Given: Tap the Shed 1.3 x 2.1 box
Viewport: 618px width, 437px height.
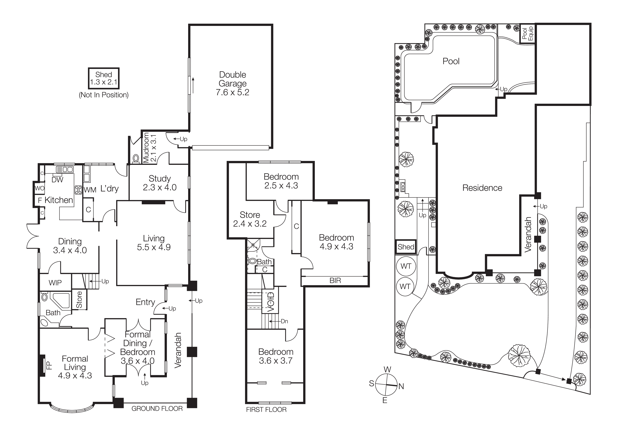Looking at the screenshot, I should pyautogui.click(x=104, y=78).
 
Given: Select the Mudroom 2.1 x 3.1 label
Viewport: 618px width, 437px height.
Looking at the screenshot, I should pyautogui.click(x=149, y=148).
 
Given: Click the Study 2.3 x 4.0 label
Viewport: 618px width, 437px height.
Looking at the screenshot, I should pyautogui.click(x=160, y=183).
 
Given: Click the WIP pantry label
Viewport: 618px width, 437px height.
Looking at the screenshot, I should pyautogui.click(x=55, y=283).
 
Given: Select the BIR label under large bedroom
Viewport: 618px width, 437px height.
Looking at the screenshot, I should pyautogui.click(x=335, y=281).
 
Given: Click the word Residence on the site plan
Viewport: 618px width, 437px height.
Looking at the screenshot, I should pyautogui.click(x=482, y=188).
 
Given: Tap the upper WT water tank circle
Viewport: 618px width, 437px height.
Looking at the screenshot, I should pyautogui.click(x=406, y=266).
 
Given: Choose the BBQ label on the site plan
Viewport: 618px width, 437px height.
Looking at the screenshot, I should pyautogui.click(x=403, y=187).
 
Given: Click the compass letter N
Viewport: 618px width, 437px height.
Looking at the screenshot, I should pyautogui.click(x=401, y=386).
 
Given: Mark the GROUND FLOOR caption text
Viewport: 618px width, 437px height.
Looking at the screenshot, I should pyautogui.click(x=157, y=409).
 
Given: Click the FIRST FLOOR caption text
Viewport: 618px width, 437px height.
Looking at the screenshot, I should pyautogui.click(x=266, y=410).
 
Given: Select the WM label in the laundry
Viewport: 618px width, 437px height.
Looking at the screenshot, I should pyautogui.click(x=90, y=190).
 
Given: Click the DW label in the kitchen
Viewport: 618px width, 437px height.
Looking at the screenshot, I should pyautogui.click(x=57, y=180).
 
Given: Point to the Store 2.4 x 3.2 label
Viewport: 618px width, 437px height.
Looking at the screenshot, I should pyautogui.click(x=250, y=219).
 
